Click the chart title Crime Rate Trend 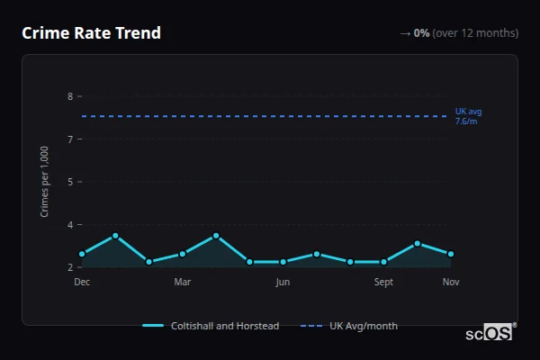point(91,33)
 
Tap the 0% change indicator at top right point(421,33)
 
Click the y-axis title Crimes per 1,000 point(45,181)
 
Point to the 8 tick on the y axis point(70,96)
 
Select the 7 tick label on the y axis point(70,139)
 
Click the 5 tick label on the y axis point(70,182)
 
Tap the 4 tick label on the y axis point(70,225)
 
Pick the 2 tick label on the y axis point(70,267)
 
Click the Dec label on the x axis point(82,283)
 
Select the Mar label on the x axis point(183,283)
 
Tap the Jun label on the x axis point(283,283)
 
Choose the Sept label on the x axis point(383,283)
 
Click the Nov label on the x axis point(451,283)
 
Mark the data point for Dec point(82,254)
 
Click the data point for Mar point(183,254)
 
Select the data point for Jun point(283,262)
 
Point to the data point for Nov point(451,254)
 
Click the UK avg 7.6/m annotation point(468,116)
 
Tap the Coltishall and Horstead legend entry point(211,326)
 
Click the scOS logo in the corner point(490,332)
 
